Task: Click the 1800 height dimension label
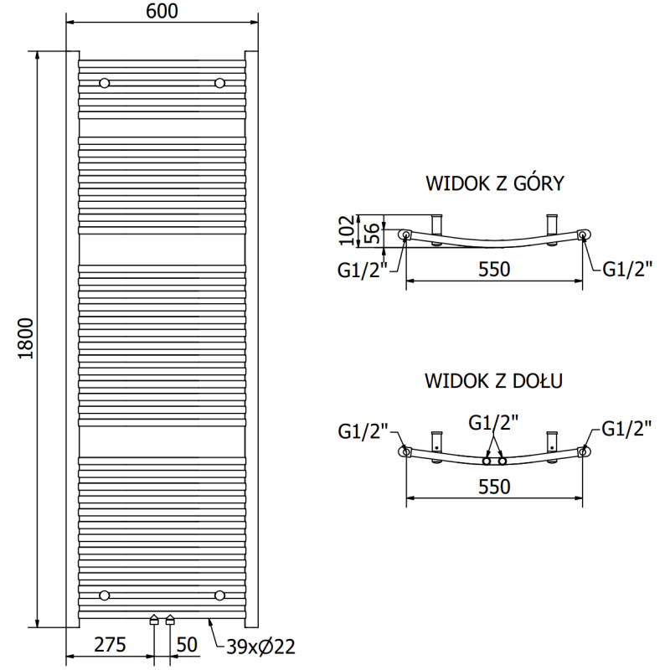(25, 339)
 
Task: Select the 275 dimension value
(109, 645)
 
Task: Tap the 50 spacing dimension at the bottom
(188, 645)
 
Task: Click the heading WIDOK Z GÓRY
(495, 183)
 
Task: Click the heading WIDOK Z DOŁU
(493, 382)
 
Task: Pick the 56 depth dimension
(374, 231)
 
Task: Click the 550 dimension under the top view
(493, 269)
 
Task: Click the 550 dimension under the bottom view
(493, 486)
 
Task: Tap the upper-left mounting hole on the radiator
(105, 83)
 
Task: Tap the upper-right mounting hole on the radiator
(219, 83)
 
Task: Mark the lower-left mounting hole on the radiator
(105, 595)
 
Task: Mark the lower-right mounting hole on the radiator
(219, 595)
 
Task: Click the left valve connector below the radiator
(153, 620)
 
